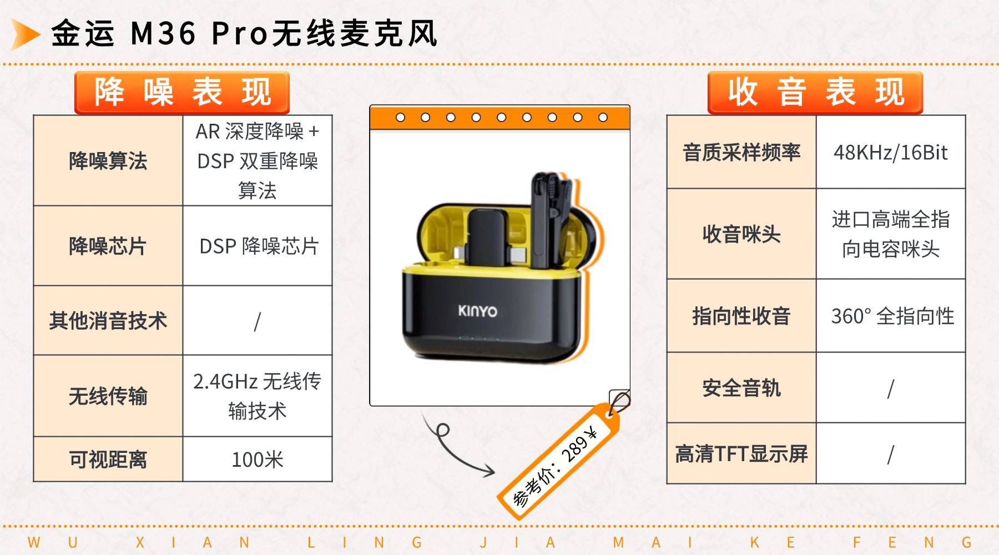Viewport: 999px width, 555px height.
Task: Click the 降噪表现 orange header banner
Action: [x=182, y=93]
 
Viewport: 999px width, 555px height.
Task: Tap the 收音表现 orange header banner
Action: [x=815, y=93]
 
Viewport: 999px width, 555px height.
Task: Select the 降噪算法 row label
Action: [x=108, y=161]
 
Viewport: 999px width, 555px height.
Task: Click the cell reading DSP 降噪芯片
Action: [x=258, y=246]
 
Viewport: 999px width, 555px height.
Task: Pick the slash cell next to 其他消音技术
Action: [x=257, y=321]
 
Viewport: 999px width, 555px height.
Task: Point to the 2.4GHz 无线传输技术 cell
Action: [x=257, y=396]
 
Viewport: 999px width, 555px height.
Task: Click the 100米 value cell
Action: [x=257, y=460]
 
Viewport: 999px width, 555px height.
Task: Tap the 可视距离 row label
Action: [x=108, y=460]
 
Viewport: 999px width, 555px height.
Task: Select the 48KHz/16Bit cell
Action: [x=890, y=152]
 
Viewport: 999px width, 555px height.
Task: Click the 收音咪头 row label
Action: [x=741, y=234]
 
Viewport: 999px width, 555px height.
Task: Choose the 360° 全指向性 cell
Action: [x=891, y=316]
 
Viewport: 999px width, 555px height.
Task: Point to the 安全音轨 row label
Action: [x=741, y=388]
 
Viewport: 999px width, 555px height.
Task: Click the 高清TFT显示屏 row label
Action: [x=741, y=454]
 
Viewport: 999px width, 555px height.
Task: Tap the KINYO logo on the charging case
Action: [x=477, y=311]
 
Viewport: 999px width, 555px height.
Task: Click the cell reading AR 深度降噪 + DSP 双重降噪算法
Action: [x=257, y=161]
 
